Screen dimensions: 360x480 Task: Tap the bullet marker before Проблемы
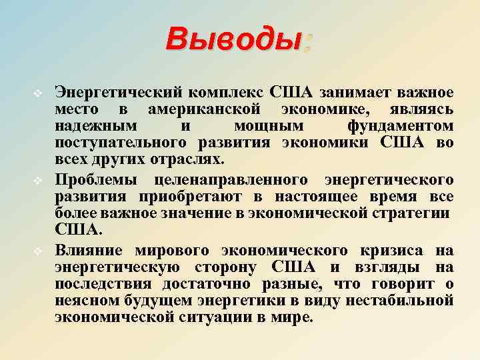coord(39,181)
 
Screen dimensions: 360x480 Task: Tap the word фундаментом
coord(400,126)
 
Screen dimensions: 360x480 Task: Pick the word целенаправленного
coord(231,179)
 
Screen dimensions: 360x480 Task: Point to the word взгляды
coord(391,267)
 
